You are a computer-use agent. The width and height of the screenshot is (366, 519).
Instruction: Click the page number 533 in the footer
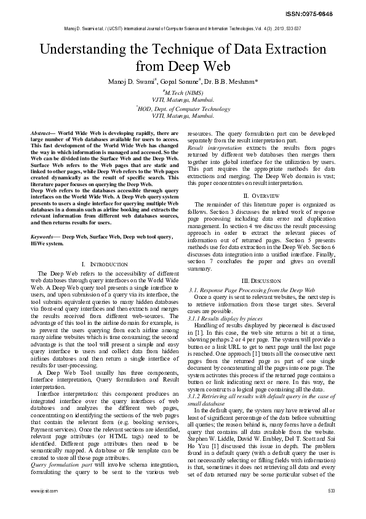[331, 491]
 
